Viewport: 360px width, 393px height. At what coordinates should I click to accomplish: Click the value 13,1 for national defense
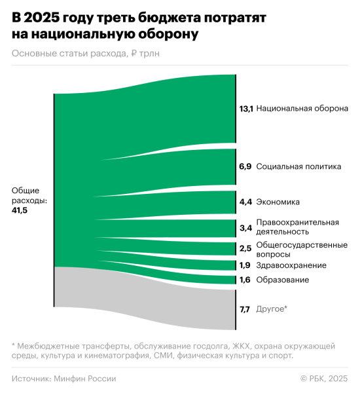tap(246, 108)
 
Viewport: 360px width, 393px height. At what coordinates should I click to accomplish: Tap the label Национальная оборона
tap(302, 108)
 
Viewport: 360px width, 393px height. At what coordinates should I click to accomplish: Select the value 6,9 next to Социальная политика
tap(245, 166)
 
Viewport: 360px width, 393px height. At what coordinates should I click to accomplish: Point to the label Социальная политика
tap(298, 166)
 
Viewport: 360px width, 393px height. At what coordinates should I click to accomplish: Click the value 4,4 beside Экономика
tap(245, 202)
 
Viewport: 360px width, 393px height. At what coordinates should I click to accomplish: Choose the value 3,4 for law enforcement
tap(245, 227)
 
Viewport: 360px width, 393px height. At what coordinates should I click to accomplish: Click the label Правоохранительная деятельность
tap(297, 227)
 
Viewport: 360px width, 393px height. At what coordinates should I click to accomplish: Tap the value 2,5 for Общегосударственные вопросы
tap(245, 248)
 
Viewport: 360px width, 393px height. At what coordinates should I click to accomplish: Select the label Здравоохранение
tap(291, 265)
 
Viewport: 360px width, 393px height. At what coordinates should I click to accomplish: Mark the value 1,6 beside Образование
tap(245, 280)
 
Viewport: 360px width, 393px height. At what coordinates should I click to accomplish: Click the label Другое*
tap(272, 309)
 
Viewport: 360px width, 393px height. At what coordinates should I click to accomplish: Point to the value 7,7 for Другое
tap(245, 309)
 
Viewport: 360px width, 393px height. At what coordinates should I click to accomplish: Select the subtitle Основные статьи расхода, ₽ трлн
tap(85, 54)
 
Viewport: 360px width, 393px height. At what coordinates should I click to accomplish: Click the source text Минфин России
tap(85, 378)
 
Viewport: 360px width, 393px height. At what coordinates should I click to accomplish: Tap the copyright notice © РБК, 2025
tap(323, 378)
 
